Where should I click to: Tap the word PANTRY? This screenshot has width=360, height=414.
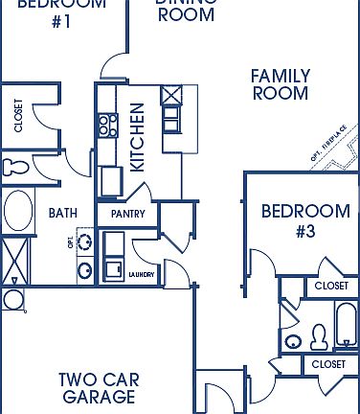[x=127, y=214]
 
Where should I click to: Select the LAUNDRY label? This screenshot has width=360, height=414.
[x=141, y=274]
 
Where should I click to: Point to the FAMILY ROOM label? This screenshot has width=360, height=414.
[x=280, y=84]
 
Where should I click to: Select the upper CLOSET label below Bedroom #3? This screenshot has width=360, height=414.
[x=331, y=286]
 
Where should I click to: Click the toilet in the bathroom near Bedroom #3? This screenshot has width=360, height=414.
[x=320, y=335]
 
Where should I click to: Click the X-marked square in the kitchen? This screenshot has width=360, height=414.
[x=172, y=96]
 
